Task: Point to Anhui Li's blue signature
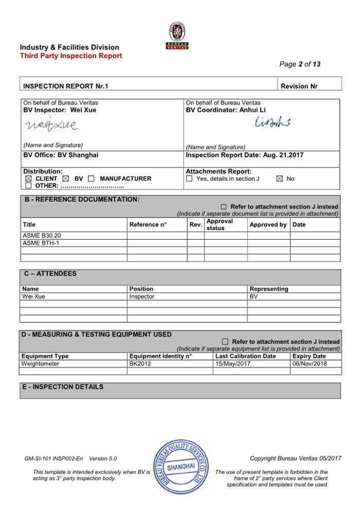273,121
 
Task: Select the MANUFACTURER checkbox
91,179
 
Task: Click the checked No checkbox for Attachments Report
279,179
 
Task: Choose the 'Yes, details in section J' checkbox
189,179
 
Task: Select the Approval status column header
219,224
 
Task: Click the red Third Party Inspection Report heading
71,56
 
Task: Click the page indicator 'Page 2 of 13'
300,64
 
